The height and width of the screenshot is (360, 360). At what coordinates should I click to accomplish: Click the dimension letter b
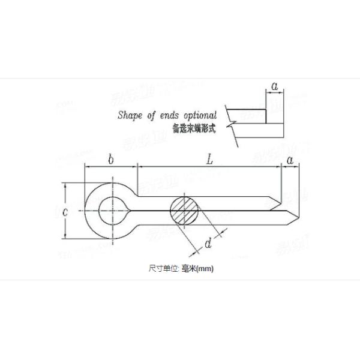pyautogui.click(x=111, y=159)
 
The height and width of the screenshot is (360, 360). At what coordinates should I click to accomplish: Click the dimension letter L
pyautogui.click(x=209, y=160)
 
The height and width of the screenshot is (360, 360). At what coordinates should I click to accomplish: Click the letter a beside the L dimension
pyautogui.click(x=290, y=160)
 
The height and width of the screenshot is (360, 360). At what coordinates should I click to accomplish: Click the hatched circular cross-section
pyautogui.click(x=185, y=211)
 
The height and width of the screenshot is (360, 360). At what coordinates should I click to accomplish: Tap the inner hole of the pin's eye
pyautogui.click(x=113, y=211)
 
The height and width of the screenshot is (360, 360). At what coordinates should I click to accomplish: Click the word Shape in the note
pyautogui.click(x=129, y=115)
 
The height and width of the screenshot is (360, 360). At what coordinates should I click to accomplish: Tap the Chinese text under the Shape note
pyautogui.click(x=193, y=127)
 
